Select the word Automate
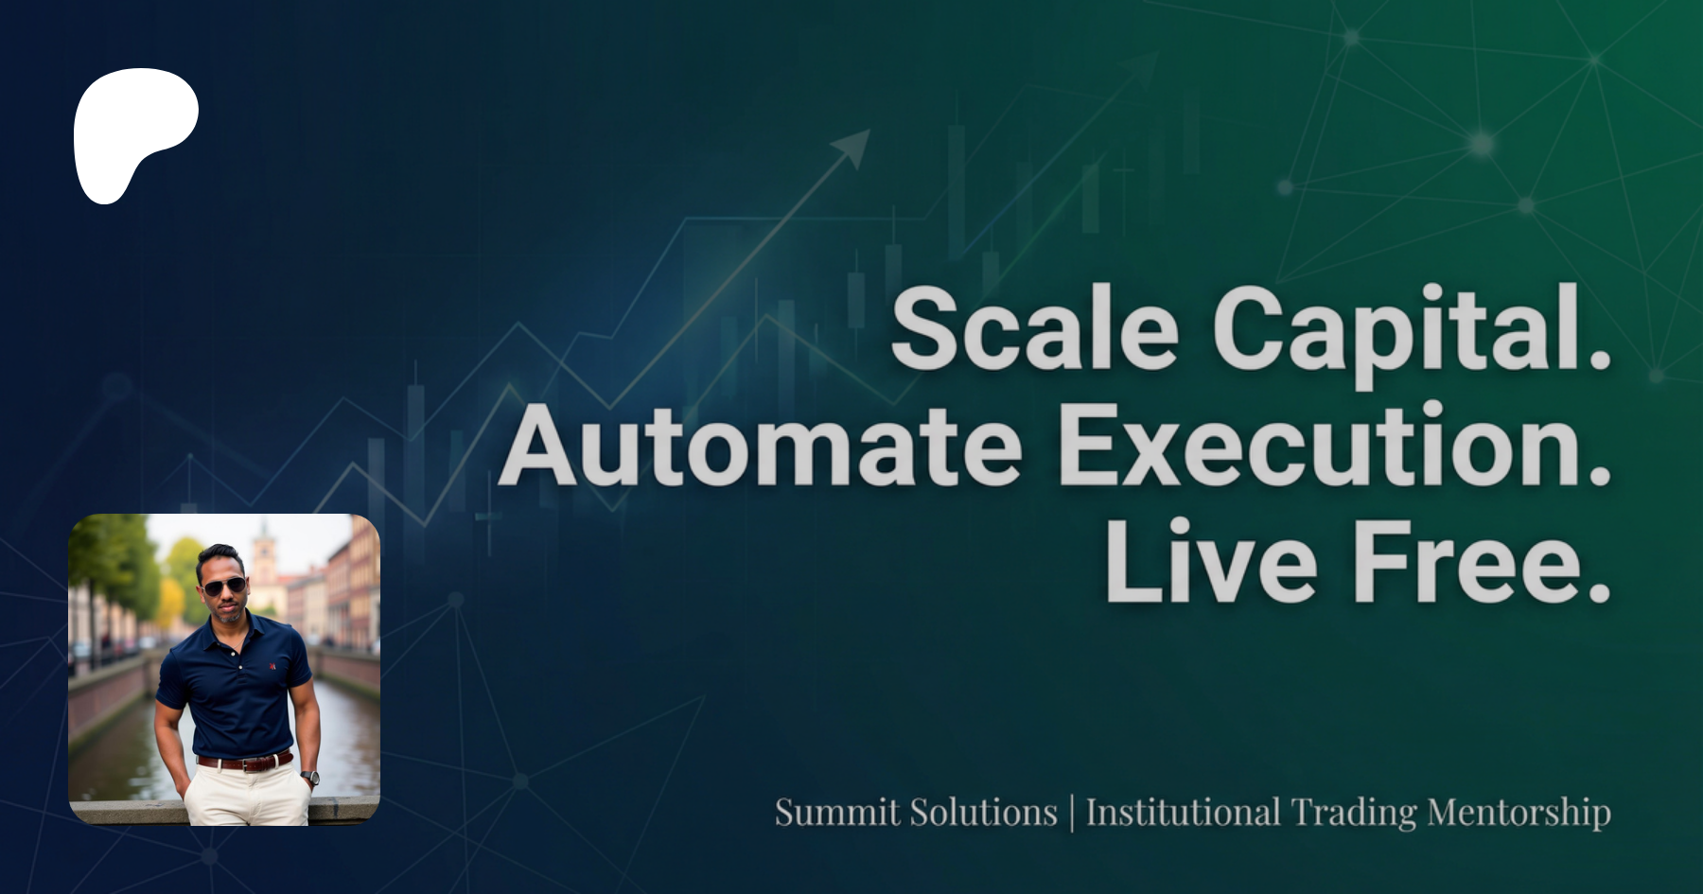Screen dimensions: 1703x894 [760, 445]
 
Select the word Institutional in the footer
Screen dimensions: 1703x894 [1184, 813]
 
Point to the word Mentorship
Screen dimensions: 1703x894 [1519, 815]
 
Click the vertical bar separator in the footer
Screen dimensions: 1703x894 [1072, 814]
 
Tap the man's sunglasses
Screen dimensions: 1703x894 [224, 587]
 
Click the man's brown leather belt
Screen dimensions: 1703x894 [244, 761]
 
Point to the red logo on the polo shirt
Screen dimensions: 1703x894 [272, 666]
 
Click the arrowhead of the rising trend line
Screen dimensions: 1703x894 [853, 146]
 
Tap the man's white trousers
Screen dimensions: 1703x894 [248, 795]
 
